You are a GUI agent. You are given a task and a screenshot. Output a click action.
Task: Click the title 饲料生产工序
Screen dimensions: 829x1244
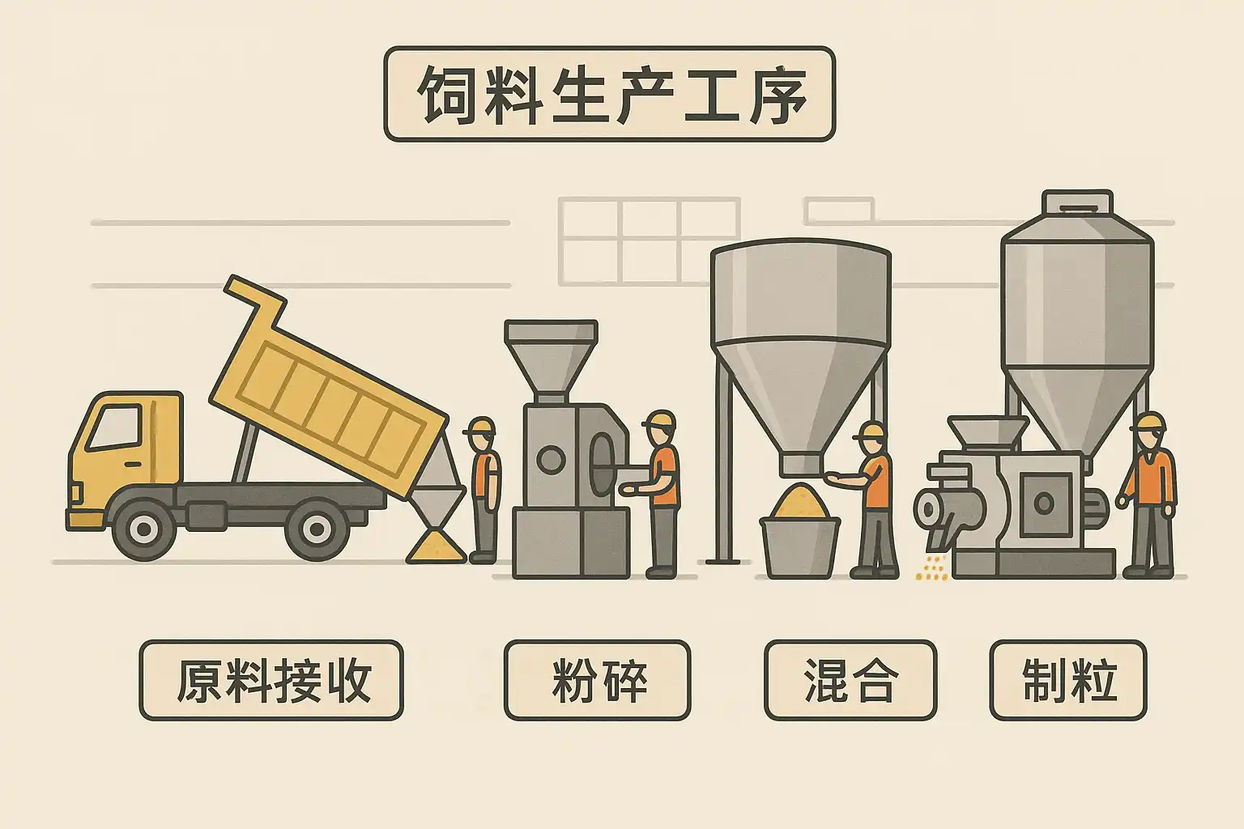click(x=609, y=94)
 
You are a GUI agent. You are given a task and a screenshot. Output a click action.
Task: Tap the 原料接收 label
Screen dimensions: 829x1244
click(x=271, y=680)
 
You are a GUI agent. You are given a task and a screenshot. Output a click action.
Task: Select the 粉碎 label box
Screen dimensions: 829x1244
click(x=598, y=680)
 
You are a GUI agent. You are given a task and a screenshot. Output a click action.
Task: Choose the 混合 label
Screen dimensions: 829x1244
click(x=850, y=680)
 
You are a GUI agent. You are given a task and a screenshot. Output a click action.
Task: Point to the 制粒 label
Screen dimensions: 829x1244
click(x=1068, y=680)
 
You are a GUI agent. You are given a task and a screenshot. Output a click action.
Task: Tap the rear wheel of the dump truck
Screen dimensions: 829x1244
click(x=317, y=530)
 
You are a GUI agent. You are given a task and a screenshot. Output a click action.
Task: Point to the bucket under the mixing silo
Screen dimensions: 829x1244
click(x=799, y=546)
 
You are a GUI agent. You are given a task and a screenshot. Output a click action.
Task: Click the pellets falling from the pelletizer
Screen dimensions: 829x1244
click(x=932, y=568)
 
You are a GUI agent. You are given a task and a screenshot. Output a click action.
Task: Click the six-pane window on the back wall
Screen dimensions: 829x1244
click(x=649, y=241)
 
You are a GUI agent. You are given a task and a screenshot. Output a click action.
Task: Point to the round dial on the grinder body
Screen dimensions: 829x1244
click(x=551, y=461)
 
